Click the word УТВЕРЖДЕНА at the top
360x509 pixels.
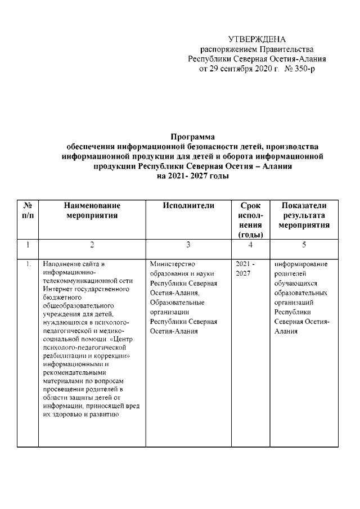click(257, 39)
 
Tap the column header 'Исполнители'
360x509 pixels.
click(188, 206)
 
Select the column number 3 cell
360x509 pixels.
click(188, 245)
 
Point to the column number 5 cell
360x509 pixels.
click(304, 245)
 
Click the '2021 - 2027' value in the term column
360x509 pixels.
click(242, 268)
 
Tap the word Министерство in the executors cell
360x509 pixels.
click(173, 264)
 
